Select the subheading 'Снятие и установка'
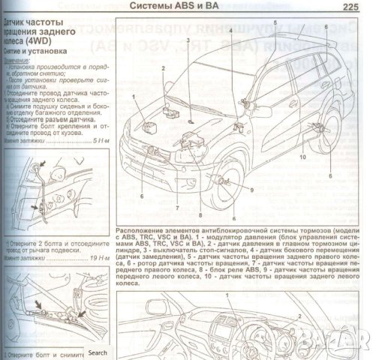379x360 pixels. [x=34, y=51]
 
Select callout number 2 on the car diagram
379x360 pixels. [x=163, y=69]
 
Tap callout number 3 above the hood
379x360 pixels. [x=189, y=39]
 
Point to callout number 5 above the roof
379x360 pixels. [x=275, y=23]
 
